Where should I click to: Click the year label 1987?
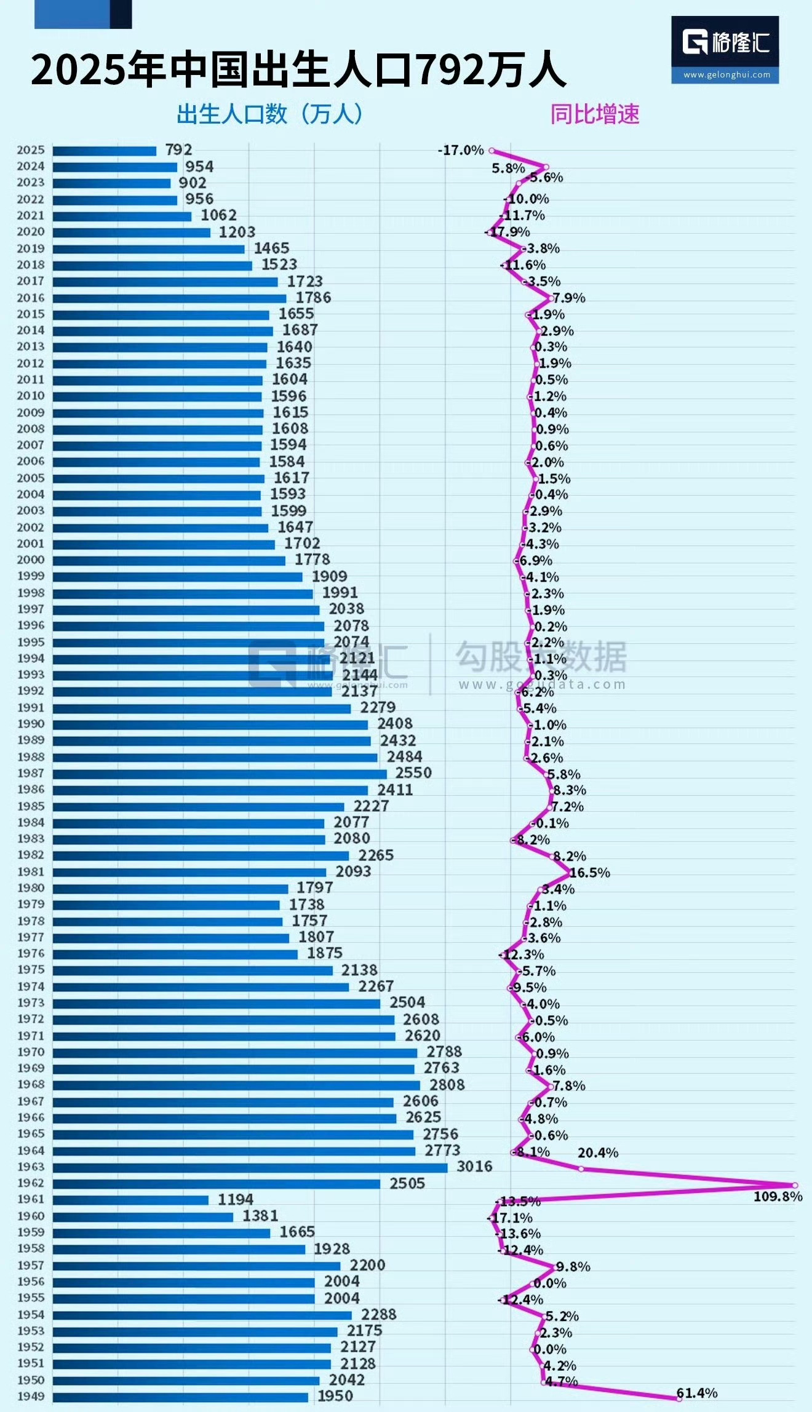31,773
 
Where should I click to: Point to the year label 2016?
31,298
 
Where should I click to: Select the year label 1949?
31,1397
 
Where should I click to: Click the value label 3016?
474,1167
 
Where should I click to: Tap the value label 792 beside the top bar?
178,149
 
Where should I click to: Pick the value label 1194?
235,1199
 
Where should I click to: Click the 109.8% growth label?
778,1196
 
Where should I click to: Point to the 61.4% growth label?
697,1393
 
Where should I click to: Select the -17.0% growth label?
461,150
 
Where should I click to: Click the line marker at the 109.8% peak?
795,1185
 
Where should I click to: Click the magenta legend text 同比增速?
595,114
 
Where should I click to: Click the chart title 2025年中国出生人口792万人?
298,69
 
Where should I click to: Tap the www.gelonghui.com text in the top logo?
726,75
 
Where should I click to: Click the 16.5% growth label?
590,873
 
